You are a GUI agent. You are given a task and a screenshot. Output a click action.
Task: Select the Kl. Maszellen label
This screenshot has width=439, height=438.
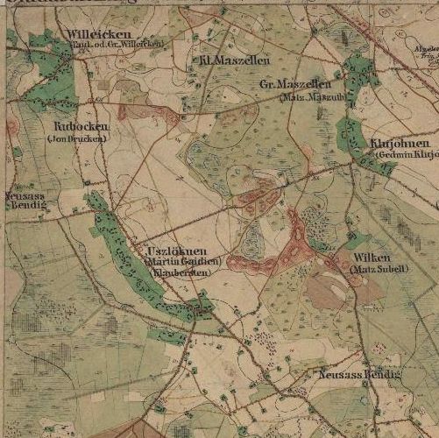pos(227,60)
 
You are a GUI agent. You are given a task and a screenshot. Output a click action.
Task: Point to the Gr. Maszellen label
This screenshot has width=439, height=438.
pos(289,84)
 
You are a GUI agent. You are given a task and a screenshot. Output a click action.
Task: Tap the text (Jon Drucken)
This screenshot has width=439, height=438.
pos(78,138)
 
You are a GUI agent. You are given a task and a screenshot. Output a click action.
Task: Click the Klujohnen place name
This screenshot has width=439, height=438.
pos(400,144)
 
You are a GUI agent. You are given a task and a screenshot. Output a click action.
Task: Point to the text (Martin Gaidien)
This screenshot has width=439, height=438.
pos(184,262)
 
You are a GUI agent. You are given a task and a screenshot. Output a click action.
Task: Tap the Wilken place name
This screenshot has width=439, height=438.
pos(374,258)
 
